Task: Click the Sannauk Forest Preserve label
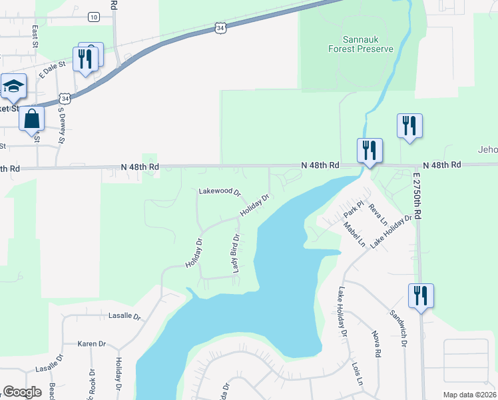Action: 361,44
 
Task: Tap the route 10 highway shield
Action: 93,17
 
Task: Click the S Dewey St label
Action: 61,127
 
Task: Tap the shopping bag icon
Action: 31,119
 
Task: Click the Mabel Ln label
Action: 354,234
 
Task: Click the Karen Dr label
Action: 92,344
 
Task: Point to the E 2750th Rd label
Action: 417,195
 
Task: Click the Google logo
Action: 22,392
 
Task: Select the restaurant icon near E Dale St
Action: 85,59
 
